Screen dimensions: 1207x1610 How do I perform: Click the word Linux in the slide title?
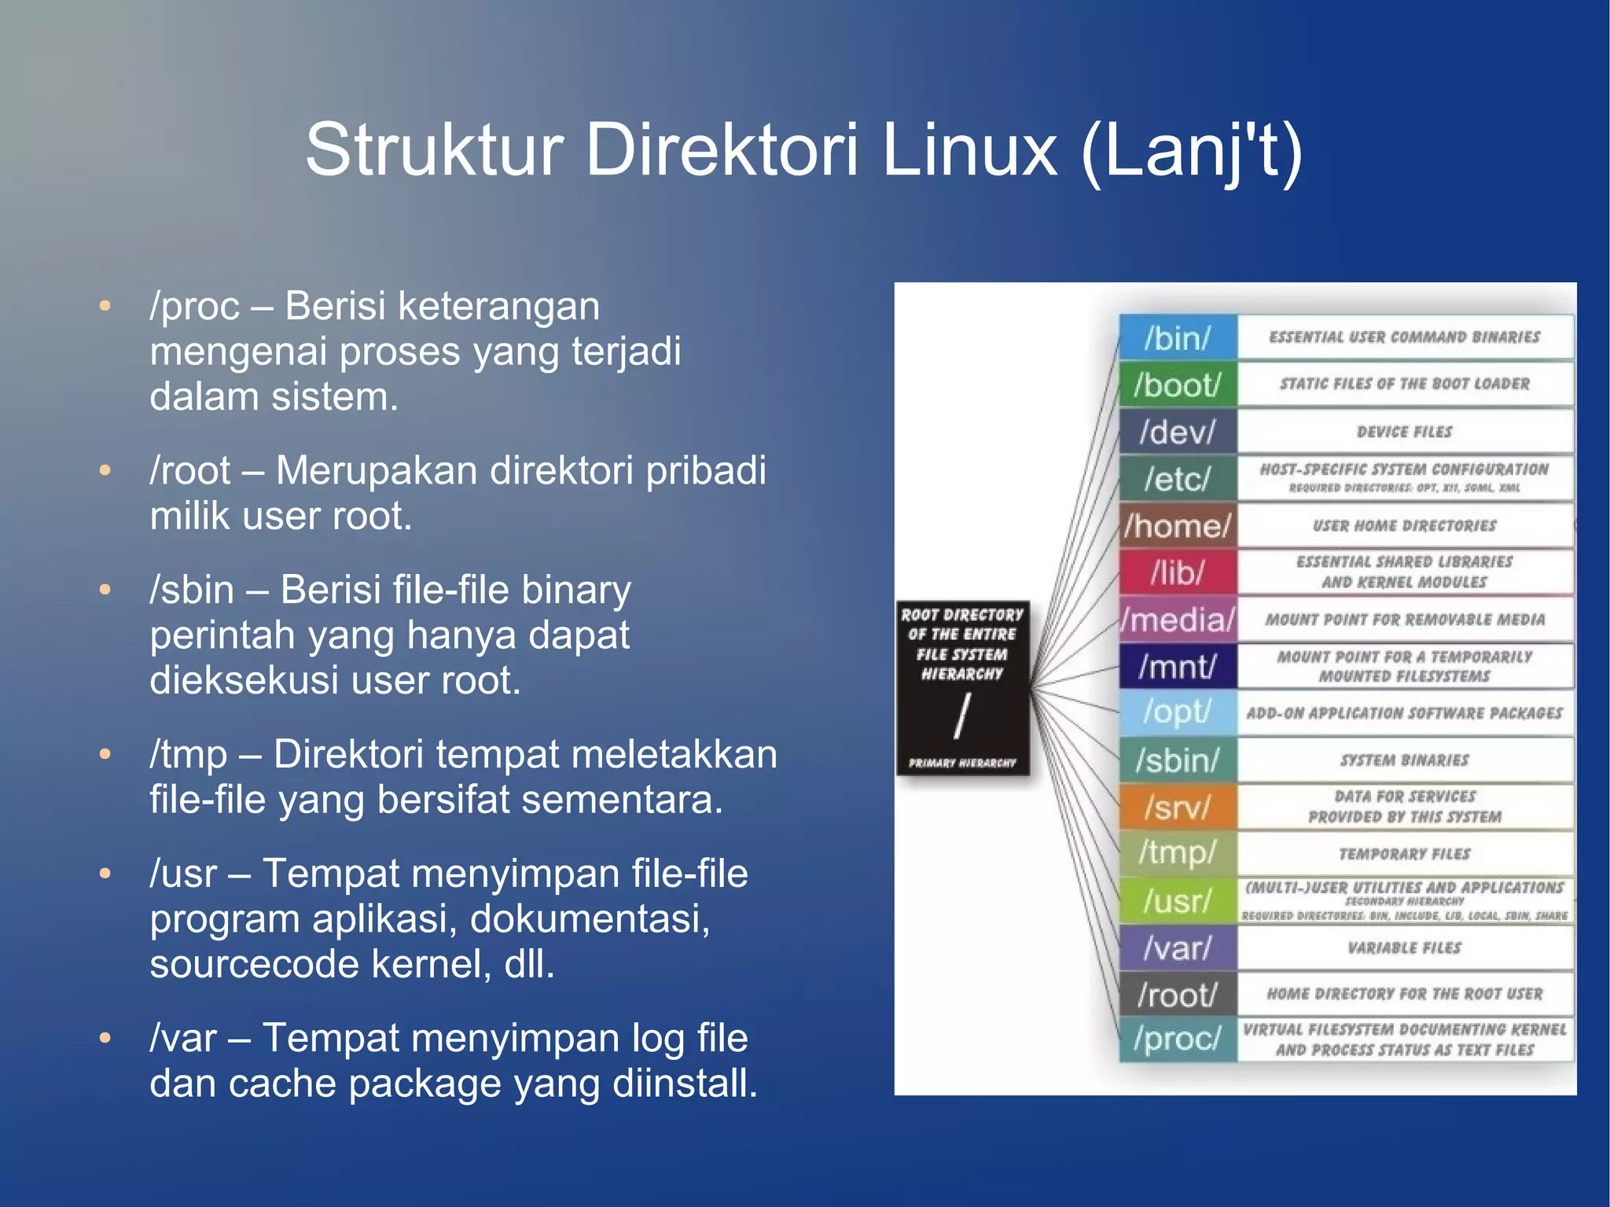tap(969, 149)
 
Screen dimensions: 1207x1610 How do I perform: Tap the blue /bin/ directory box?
tap(1178, 338)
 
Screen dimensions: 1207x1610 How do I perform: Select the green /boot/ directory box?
tap(1178, 385)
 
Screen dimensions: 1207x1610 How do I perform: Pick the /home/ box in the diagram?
tap(1178, 525)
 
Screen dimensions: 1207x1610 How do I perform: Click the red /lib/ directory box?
tap(1178, 572)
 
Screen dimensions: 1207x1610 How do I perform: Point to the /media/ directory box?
tap(1178, 620)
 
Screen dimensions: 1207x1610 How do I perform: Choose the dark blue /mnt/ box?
tap(1178, 666)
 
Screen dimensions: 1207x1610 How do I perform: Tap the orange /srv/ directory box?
tap(1178, 807)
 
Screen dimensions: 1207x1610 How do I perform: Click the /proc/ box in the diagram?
tap(1178, 1039)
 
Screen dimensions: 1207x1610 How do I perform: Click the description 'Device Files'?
tap(1404, 432)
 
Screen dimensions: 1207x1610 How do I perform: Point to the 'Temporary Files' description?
tap(1404, 854)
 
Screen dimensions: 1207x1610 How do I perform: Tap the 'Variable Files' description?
tap(1404, 948)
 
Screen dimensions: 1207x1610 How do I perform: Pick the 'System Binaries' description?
tap(1404, 760)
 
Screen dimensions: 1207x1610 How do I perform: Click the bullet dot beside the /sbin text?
tap(105, 590)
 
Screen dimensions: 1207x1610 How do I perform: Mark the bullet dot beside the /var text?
tap(105, 1038)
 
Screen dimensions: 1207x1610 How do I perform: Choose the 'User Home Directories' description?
tap(1404, 525)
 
